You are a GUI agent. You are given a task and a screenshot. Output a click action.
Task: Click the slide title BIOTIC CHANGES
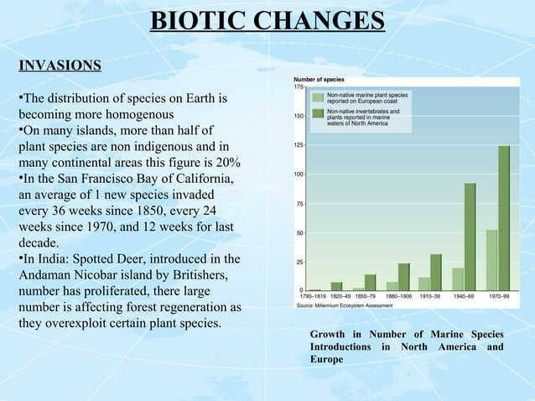coord(267,20)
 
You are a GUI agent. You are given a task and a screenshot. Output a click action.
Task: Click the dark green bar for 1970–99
coord(503,218)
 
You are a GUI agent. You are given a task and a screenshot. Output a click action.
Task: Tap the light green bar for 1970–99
coord(491,260)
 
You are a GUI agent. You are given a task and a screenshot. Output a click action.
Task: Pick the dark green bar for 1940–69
coord(470,237)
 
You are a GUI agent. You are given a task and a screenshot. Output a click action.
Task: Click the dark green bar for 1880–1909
coord(404,277)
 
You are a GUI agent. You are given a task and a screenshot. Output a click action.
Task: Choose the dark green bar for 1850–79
coord(371,282)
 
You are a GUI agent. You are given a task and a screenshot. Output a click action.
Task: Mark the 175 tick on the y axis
coord(299,87)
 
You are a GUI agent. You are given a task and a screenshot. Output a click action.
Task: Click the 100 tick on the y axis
coord(299,174)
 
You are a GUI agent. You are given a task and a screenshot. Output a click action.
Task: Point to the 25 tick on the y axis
coord(299,262)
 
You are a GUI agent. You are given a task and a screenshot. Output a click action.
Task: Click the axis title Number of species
coord(318,79)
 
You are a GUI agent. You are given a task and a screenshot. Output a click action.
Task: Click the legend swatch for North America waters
coord(317,114)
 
